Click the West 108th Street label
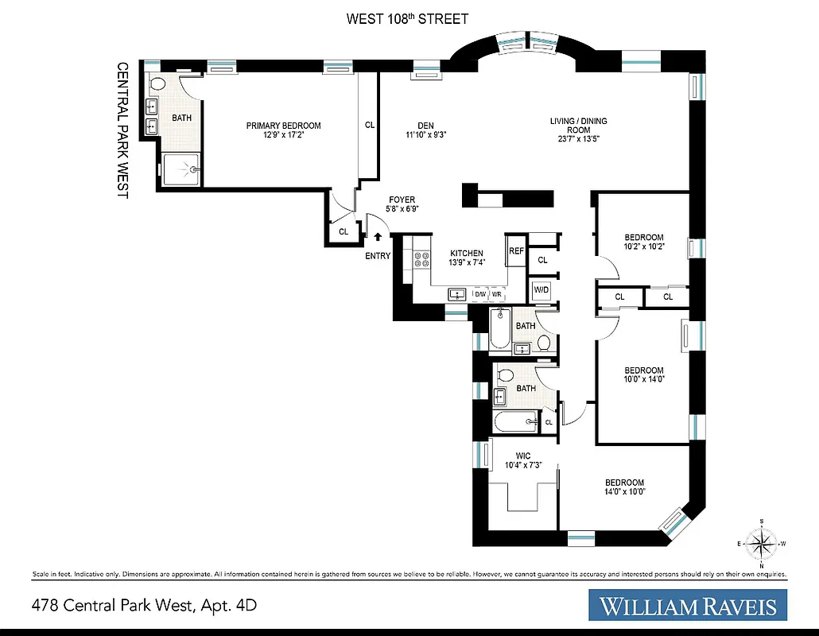click(x=407, y=19)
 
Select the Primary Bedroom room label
click(x=283, y=126)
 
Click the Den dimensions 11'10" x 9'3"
click(x=426, y=135)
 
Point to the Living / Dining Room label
click(x=578, y=121)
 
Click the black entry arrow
click(x=378, y=236)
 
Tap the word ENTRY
click(x=378, y=255)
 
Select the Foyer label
click(x=402, y=200)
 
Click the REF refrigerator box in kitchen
click(x=517, y=250)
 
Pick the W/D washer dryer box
click(x=541, y=289)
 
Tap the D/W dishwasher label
click(x=479, y=294)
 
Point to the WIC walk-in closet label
click(x=522, y=456)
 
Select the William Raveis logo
click(x=688, y=606)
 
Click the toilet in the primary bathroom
click(x=157, y=83)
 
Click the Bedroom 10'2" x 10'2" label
click(x=643, y=238)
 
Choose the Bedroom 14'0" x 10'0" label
click(x=624, y=483)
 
